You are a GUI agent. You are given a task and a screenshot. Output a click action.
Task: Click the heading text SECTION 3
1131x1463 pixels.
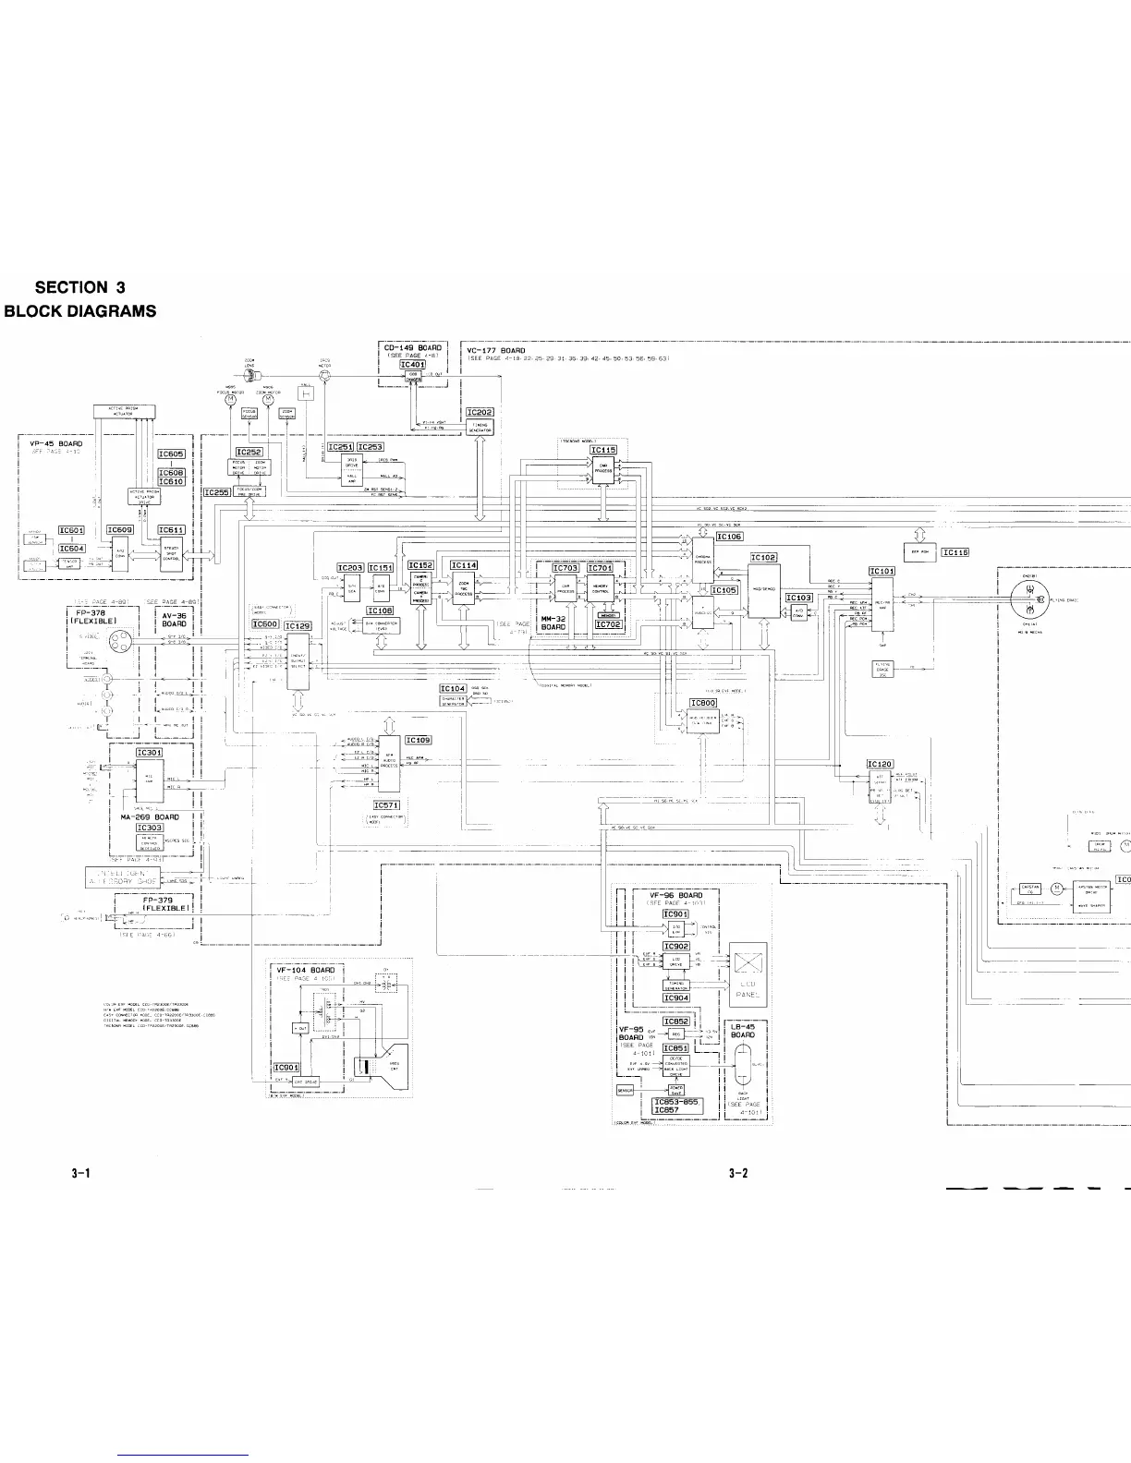(x=79, y=288)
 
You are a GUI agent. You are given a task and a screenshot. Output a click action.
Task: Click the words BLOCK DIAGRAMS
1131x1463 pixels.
(x=80, y=311)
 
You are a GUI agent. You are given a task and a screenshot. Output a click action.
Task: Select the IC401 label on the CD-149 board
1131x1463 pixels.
(x=412, y=365)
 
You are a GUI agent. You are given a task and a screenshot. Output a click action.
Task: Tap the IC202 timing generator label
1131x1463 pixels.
(x=480, y=412)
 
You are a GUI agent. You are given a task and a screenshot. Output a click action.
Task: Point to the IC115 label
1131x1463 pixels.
(x=603, y=450)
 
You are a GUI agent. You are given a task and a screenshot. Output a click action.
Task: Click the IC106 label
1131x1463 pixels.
(x=729, y=537)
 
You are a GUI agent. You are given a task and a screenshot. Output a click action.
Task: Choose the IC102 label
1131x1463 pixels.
(x=763, y=558)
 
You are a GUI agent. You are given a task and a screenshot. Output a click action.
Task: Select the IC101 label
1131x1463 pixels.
(x=882, y=571)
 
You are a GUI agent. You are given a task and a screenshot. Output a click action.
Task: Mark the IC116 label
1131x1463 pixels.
(x=955, y=552)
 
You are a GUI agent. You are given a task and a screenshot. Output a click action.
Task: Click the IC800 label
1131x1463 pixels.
(x=703, y=703)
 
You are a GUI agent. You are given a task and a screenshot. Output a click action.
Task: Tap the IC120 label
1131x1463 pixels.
(x=880, y=764)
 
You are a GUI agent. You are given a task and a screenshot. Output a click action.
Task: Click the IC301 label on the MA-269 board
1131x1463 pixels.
(x=150, y=753)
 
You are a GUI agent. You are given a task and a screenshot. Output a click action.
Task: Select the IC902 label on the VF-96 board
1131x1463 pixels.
(x=676, y=946)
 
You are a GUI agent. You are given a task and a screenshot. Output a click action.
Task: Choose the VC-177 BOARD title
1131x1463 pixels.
(x=496, y=351)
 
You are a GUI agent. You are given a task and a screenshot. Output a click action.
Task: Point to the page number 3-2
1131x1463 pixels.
(x=736, y=1173)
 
